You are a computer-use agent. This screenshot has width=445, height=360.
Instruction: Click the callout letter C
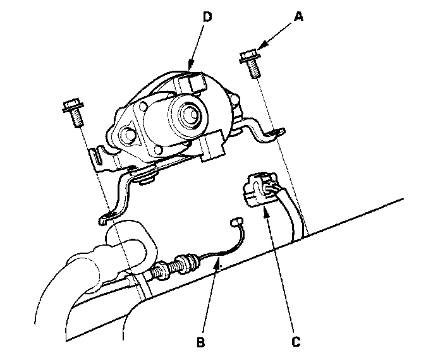coord(295,343)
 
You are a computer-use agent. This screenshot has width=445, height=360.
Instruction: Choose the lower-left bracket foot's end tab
coord(106,219)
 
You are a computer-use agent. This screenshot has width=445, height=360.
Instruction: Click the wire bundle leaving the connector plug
coord(288,212)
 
